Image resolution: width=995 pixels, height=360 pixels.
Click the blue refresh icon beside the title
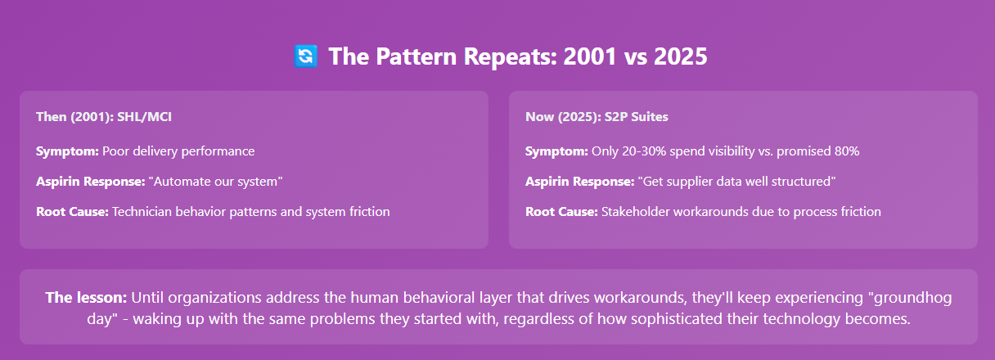pos(305,56)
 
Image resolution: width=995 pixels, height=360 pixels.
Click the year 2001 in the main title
pos(590,56)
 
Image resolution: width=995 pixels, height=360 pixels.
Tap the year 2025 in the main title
pos(681,56)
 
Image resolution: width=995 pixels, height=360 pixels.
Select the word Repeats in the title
pos(511,57)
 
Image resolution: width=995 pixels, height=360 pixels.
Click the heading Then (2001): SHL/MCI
pos(103,117)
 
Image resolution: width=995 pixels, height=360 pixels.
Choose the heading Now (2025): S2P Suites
pos(597,117)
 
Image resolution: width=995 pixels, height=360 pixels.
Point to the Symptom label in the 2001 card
pos(68,151)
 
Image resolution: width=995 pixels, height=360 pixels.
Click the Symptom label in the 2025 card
pos(557,151)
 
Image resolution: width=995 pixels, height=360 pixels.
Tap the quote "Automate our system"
pos(215,182)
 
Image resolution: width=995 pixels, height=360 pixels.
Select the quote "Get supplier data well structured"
pos(737,182)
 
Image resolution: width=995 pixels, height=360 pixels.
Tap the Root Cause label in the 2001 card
pos(72,212)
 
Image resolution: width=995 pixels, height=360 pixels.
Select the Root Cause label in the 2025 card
pos(562,212)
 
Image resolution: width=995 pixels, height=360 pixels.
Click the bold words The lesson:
pos(86,298)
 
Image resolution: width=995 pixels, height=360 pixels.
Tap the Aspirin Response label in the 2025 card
pos(580,182)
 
